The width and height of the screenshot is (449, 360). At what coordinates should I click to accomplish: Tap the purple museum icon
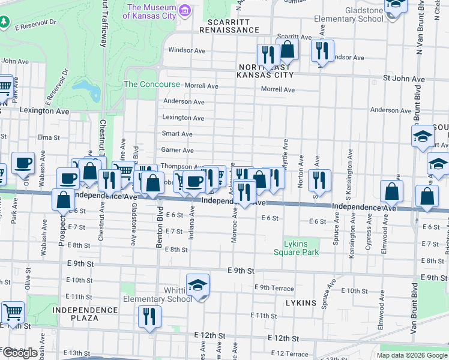(185, 11)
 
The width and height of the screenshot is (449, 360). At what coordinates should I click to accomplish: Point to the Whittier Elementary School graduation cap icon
(197, 286)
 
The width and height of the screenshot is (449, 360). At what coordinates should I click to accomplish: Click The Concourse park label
(152, 85)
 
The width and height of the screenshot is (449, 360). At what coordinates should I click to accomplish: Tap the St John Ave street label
(404, 79)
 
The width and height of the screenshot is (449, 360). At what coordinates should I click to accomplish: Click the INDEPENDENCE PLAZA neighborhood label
(85, 314)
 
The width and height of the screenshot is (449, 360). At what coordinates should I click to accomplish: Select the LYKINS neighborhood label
(301, 303)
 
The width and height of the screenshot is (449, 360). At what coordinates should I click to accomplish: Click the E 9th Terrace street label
(274, 288)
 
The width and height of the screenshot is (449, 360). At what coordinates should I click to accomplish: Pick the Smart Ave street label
(177, 134)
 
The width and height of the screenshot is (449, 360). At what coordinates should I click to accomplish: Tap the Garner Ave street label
(177, 150)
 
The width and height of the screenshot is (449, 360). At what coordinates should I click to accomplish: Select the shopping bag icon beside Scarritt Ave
(288, 50)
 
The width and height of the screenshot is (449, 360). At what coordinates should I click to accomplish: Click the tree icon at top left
(5, 22)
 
